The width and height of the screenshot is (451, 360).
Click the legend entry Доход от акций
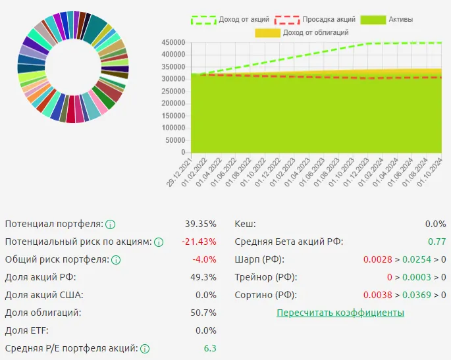230,20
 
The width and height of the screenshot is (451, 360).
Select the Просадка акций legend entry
315,20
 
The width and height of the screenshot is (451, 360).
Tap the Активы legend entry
386,20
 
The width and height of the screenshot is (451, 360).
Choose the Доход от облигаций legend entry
302,33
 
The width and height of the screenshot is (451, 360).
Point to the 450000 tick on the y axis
173,43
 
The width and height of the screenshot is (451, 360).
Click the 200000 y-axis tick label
173,103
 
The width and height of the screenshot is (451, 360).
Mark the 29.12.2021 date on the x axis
179,172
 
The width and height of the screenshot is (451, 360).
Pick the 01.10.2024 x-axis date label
429,172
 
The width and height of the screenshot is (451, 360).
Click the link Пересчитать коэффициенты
340,313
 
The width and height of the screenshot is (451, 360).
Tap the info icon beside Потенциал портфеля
110,224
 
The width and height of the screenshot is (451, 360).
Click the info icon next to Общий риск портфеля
116,260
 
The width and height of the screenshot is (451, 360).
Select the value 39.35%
200,224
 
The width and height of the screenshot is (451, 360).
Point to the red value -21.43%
199,242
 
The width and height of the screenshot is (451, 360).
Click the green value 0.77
437,242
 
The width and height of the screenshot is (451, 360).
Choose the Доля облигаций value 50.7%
203,313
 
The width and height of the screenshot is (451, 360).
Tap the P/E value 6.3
210,348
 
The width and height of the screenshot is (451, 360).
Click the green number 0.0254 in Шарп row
417,260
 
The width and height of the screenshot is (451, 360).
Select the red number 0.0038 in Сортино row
377,295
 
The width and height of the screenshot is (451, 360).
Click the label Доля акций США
44,295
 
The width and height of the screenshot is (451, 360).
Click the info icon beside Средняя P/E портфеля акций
145,349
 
